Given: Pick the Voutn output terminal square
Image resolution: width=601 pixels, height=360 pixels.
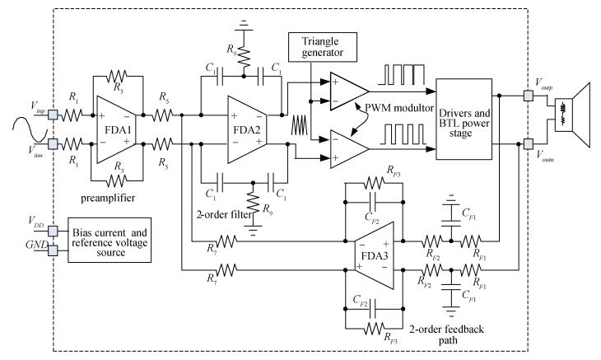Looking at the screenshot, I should coord(528,145).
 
